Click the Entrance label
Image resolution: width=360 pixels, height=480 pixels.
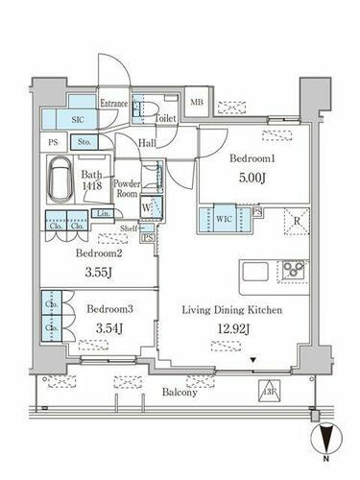[114, 102]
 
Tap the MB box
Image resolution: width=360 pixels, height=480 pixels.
[197, 103]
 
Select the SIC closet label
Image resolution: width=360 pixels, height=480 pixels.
[78, 119]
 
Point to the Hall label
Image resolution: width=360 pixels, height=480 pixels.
[146, 142]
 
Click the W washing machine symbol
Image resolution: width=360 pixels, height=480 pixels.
[143, 204]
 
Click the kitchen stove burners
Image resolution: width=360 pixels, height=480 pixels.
[292, 268]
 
